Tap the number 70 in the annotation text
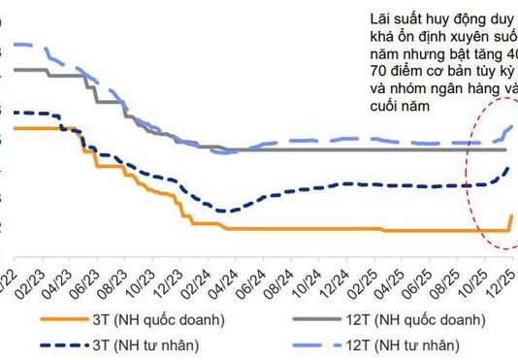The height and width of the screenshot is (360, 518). click(x=378, y=71)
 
